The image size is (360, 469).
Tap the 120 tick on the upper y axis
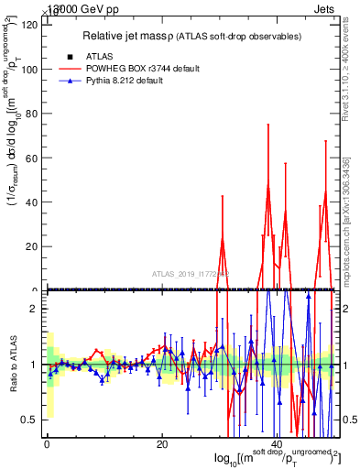click(x=29, y=25)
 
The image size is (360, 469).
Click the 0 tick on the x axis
click(x=47, y=445)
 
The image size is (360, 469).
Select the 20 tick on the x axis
click(x=162, y=445)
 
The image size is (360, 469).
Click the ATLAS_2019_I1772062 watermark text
click(x=191, y=273)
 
